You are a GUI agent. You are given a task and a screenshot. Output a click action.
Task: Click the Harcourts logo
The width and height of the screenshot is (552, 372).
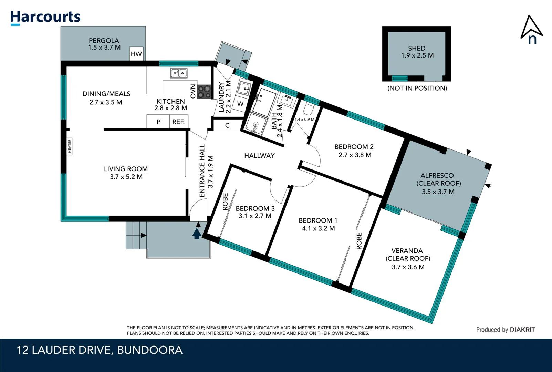45,17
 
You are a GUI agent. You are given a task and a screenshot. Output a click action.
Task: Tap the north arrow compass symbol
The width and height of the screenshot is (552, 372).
531,30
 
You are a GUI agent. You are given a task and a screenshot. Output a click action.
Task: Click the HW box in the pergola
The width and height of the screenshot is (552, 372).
136,54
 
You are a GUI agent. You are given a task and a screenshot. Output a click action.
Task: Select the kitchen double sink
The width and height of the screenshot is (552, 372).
179,73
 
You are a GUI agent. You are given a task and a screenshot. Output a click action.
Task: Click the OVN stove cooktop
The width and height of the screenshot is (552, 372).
204,92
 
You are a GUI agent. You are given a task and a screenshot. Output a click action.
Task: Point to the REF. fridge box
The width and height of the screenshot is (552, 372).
178,122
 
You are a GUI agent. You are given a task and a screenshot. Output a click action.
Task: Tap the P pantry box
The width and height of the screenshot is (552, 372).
158,122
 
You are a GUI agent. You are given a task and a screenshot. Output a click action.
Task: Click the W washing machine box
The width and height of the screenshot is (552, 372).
240,104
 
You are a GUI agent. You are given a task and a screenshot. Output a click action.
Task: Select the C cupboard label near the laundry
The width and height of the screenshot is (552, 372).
227,125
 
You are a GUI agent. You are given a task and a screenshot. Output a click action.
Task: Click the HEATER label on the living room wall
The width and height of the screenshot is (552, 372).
69,146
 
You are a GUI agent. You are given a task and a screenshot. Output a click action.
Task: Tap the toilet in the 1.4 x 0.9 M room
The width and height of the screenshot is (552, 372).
308,110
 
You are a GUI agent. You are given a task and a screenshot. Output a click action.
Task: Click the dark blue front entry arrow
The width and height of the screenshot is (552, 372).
197,233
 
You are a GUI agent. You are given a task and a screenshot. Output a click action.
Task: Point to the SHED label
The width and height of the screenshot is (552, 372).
417,48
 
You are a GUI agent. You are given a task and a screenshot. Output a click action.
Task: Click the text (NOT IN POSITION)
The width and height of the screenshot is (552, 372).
417,88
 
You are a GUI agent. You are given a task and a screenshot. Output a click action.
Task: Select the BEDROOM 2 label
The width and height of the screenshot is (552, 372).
354,147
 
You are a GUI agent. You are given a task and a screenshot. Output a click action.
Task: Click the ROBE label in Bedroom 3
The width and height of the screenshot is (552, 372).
225,201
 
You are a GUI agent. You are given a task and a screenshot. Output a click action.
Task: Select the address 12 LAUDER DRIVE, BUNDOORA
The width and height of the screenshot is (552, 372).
100,350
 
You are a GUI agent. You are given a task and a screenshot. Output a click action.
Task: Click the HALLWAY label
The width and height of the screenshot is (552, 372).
259,156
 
